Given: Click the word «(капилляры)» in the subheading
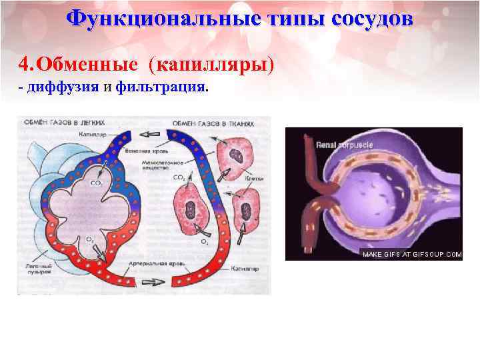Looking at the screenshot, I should (211, 65).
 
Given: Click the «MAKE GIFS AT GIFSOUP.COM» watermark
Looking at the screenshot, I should (411, 254).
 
